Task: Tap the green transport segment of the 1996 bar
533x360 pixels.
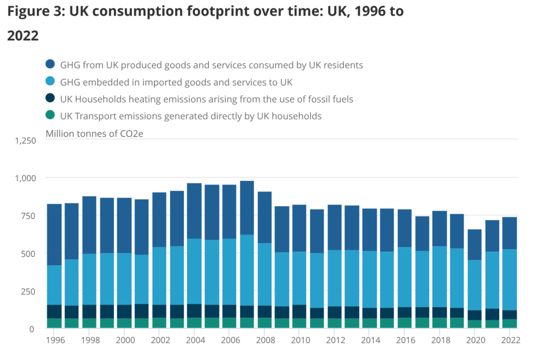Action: click(55, 323)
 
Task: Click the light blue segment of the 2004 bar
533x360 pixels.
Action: click(194, 271)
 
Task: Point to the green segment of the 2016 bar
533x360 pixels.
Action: click(404, 323)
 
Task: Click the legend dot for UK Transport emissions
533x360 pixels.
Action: click(50, 116)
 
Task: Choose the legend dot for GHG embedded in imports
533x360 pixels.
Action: click(50, 82)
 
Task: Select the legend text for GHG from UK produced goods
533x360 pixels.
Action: click(211, 65)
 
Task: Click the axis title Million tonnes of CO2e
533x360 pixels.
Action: click(94, 133)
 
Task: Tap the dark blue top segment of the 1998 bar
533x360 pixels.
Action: click(90, 225)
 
